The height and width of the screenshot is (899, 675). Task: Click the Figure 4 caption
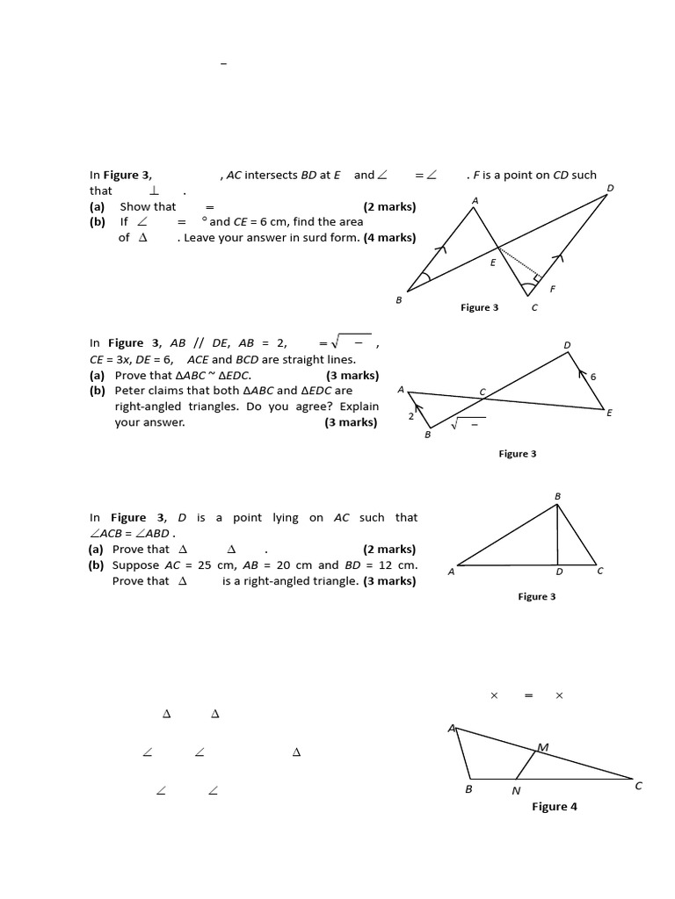554,807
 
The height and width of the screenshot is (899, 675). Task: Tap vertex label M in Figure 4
542,747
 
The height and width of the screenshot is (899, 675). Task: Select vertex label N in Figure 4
516,790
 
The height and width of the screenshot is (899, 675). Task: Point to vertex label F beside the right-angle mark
552,289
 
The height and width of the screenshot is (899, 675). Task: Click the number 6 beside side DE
593,376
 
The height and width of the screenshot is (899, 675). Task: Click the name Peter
132,391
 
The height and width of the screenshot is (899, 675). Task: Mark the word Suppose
134,565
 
